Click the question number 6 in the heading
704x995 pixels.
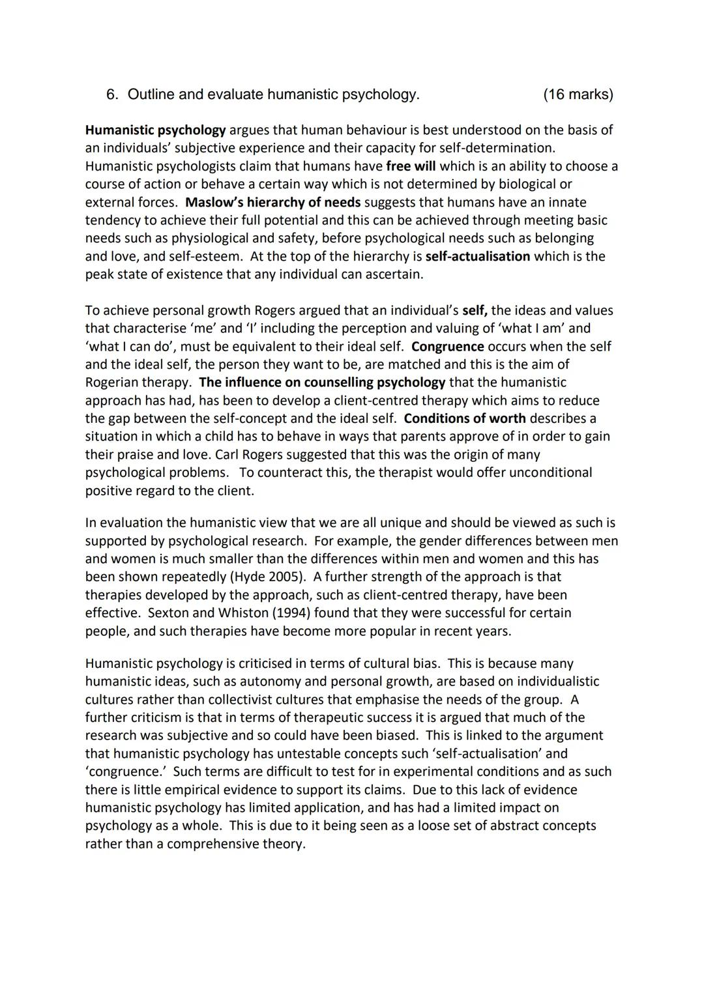click(111, 95)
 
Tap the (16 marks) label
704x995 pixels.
click(578, 95)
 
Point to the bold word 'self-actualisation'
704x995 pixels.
click(477, 256)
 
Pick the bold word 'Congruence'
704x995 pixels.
click(448, 346)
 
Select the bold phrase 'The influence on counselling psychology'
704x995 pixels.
click(322, 382)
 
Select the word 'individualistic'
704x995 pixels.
click(553, 682)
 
